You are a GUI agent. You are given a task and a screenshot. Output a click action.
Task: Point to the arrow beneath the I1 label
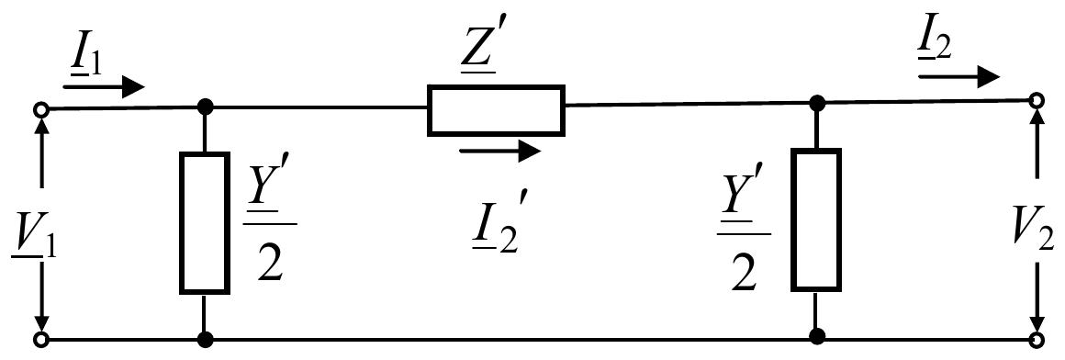pos(104,86)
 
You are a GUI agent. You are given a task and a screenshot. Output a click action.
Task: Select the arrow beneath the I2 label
pos(959,77)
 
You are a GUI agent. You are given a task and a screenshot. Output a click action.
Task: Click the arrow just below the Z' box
pos(499,151)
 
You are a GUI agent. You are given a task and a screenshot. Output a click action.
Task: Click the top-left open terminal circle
pos(41,109)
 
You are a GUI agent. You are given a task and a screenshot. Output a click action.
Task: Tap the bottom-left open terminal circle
pos(41,339)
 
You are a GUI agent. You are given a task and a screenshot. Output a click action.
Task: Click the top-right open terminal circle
pos(1037,101)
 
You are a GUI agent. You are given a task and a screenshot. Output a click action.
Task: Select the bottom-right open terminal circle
pos(1037,338)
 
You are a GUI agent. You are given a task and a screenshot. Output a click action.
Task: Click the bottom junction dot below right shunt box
pos(817,337)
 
